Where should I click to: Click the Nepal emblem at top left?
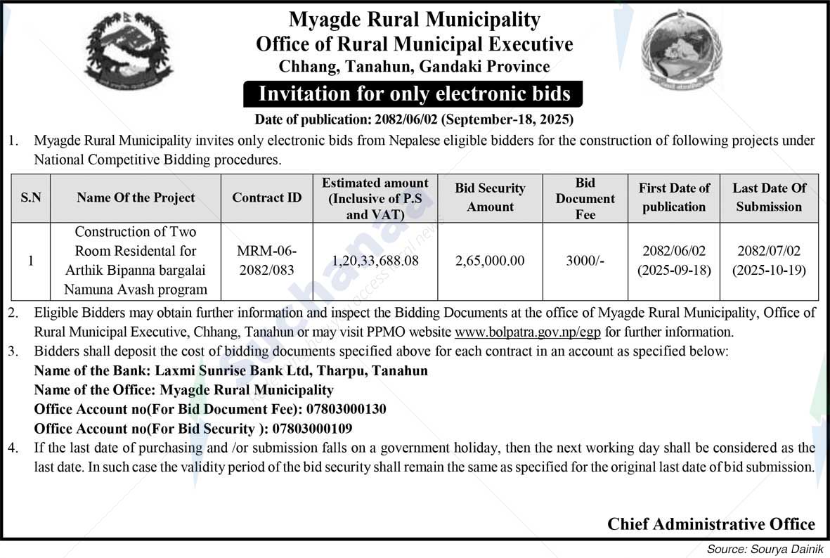(128, 53)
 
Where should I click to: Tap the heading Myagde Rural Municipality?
(414, 20)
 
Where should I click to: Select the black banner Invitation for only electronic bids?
(414, 93)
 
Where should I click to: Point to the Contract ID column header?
(266, 197)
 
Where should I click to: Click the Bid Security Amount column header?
(490, 197)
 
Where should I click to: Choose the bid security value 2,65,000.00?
(490, 261)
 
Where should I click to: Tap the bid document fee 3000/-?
(585, 261)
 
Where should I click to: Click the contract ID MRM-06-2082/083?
(266, 261)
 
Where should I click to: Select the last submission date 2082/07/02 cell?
(769, 261)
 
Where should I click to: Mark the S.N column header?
(31, 197)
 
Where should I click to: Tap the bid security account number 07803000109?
(312, 428)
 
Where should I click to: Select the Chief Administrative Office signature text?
(711, 524)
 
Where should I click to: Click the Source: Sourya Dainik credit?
(767, 548)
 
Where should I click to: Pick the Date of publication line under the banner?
(414, 119)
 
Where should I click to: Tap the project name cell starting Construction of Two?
(136, 261)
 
